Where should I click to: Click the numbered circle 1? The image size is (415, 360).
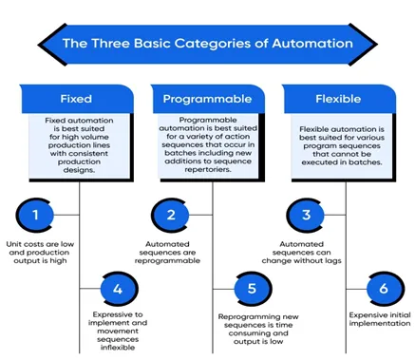coord(35,216)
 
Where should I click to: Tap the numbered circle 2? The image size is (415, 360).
coord(171,216)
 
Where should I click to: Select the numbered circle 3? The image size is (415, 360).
coord(306,216)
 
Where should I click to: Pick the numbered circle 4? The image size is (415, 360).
coord(119,289)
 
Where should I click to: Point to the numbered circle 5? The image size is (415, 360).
coord(253,289)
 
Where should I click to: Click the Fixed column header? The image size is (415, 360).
coord(76,99)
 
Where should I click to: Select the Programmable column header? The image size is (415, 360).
coord(207,99)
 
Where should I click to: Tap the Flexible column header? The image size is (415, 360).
coord(338,99)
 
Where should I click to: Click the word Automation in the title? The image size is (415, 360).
coord(312,44)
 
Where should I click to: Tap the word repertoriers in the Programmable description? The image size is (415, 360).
coord(208,170)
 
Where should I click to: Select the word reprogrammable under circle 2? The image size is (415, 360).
coord(167,261)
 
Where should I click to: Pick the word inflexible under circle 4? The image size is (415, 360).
coord(118,348)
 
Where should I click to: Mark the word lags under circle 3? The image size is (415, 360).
coord(333,261)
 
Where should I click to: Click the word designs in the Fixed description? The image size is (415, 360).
coord(79,170)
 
